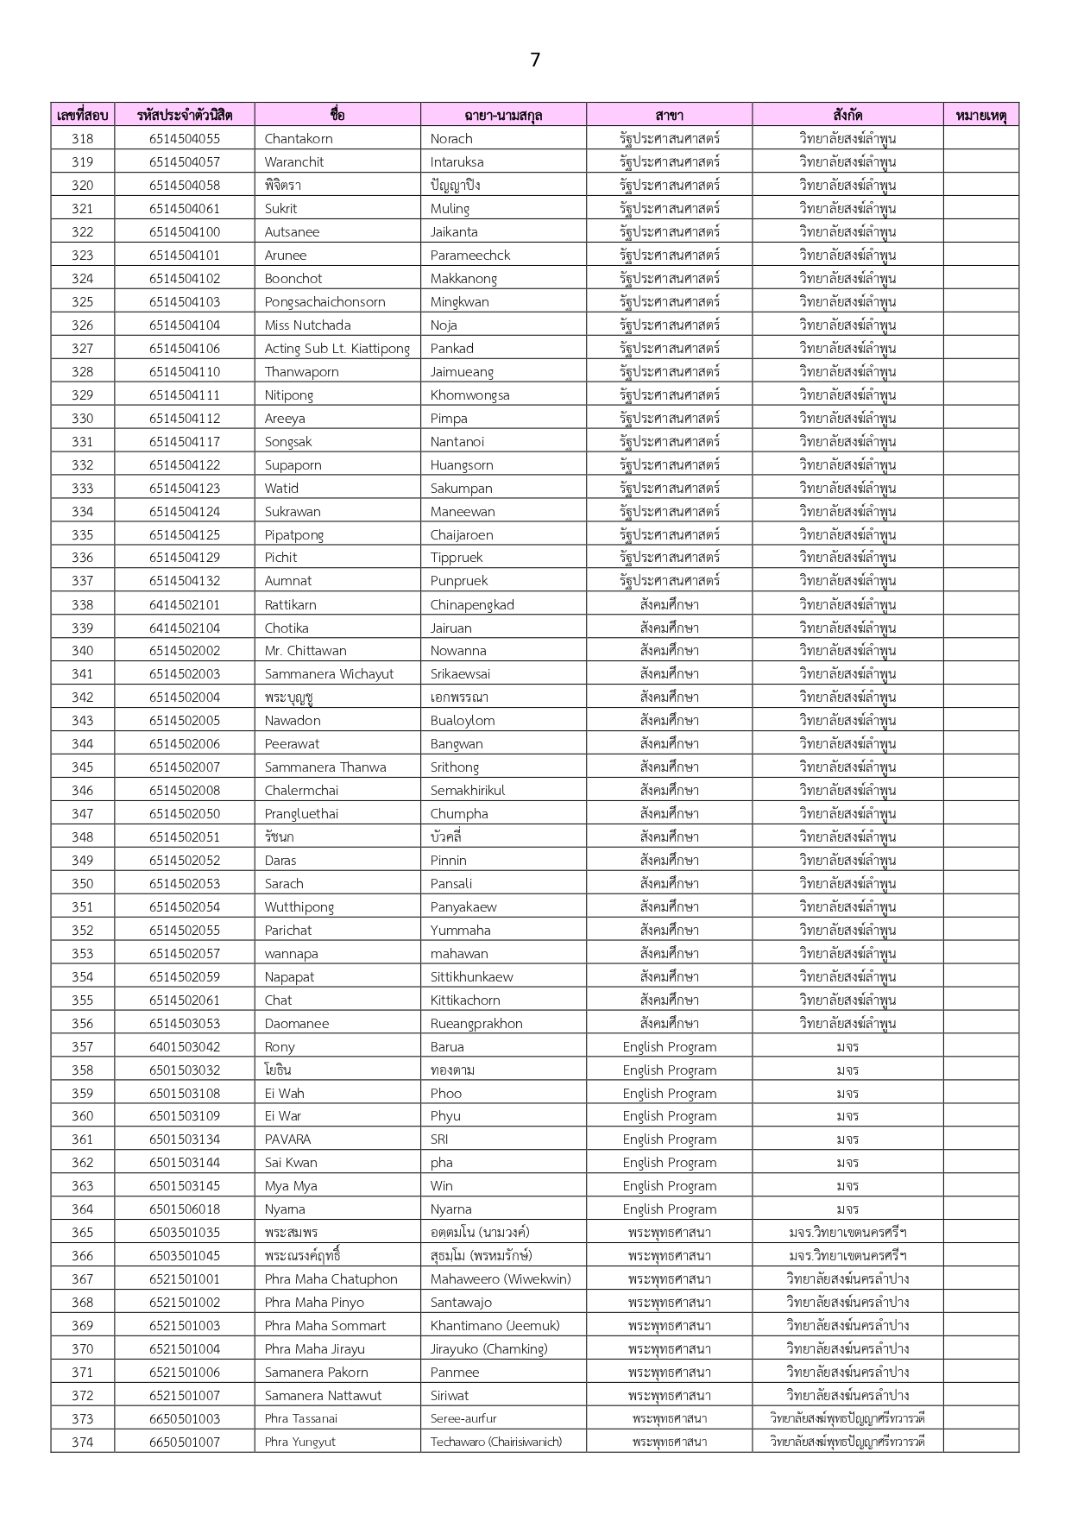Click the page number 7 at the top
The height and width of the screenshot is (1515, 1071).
[x=535, y=60]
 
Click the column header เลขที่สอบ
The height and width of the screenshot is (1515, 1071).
[x=82, y=115]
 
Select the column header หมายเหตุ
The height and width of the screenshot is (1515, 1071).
[x=980, y=115]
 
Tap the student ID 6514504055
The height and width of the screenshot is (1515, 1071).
[x=184, y=138]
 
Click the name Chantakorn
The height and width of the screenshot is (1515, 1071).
[x=298, y=138]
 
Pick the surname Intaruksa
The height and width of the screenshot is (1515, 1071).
[x=457, y=161]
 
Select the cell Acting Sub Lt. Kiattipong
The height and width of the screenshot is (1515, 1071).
[x=337, y=348]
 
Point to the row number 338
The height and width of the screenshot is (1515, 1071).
[x=82, y=604]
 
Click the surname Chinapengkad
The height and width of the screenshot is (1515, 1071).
[x=471, y=604]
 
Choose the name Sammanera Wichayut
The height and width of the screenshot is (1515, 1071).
[x=329, y=673]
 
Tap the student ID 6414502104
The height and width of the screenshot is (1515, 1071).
[x=184, y=628]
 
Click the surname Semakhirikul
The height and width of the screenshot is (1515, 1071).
[x=467, y=790]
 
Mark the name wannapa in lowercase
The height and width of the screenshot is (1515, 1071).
[x=291, y=953]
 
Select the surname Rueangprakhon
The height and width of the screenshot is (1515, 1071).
[x=476, y=1023]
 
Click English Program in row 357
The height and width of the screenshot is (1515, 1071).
[x=669, y=1046]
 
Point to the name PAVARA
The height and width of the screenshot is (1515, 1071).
[x=287, y=1139]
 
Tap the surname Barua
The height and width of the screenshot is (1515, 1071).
[x=447, y=1046]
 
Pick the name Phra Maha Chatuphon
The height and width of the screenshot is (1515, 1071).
[x=331, y=1278]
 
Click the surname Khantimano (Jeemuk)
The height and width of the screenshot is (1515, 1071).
[x=495, y=1325]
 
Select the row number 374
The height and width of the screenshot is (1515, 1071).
[x=82, y=1441]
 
